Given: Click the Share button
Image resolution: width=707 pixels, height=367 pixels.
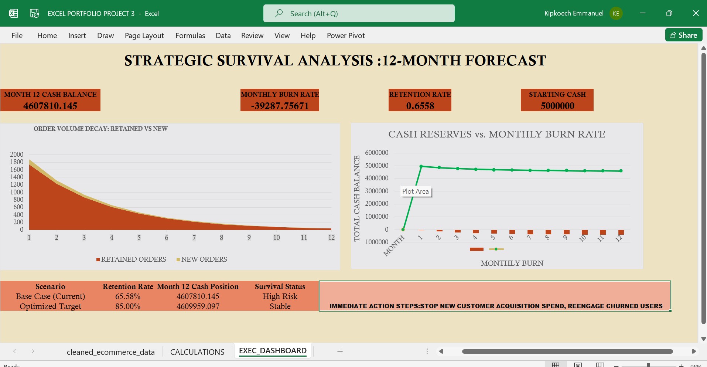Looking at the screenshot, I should point(683,35).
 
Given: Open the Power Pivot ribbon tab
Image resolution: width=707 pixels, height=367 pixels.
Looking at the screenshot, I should point(345,35).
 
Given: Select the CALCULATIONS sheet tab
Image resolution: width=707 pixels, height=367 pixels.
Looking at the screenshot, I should point(197,352).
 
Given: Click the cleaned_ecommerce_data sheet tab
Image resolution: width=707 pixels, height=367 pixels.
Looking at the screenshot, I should point(110,352).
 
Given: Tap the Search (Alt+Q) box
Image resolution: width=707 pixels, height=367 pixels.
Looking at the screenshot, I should point(358,14).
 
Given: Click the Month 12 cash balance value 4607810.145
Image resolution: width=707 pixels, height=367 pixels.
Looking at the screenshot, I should point(50,106).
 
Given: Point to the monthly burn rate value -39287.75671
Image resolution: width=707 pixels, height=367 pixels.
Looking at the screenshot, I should point(280,106).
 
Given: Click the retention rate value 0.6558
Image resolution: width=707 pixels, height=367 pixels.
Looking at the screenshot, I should point(420,106).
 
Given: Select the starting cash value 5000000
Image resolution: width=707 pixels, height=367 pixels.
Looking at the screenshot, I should point(557,106).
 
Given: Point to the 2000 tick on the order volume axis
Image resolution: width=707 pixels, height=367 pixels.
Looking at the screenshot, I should point(17,154).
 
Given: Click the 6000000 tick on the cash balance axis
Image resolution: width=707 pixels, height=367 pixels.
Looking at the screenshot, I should point(376,153).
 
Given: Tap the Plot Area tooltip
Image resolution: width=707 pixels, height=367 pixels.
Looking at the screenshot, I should point(416,191).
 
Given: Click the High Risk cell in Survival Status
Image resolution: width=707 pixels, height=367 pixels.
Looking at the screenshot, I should point(280,296).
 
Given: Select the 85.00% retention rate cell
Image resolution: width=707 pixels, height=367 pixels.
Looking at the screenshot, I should point(128,306).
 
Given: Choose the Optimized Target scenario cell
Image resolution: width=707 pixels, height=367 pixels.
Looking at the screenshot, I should point(50,306).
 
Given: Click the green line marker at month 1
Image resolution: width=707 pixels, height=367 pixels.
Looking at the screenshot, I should point(421,166).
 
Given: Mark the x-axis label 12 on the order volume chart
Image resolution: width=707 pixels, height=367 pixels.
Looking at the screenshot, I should point(331,238).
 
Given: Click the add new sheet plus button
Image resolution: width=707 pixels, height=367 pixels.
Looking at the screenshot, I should point(340,351).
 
